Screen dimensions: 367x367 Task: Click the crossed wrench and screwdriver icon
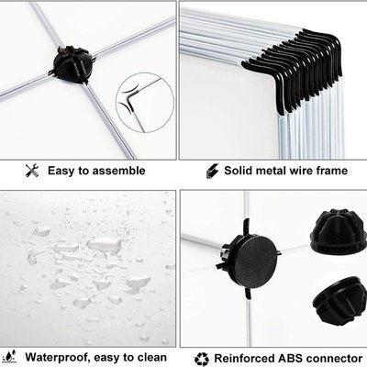32,171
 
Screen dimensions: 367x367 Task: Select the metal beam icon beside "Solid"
212,171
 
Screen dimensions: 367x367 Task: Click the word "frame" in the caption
332,171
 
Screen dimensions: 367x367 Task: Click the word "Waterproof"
58,358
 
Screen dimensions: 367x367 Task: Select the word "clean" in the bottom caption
152,357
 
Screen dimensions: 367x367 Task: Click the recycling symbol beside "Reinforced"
202,359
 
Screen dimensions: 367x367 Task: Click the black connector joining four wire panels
72,65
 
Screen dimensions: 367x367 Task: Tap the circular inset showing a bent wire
145,102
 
